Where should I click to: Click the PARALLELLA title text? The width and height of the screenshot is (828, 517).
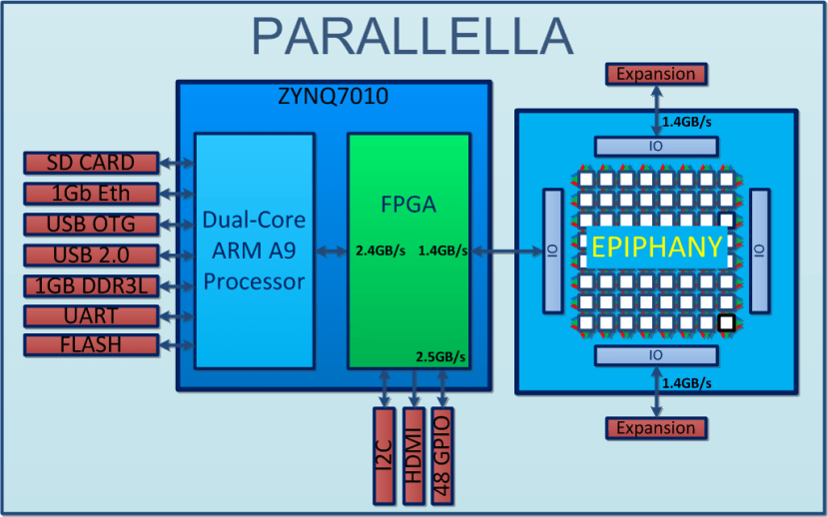pos(413,35)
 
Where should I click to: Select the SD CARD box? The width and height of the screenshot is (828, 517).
pos(92,163)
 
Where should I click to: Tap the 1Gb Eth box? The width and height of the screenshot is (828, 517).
pos(92,193)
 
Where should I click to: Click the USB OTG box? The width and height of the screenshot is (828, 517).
pos(92,224)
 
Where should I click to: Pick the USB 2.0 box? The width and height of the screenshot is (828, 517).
pos(92,255)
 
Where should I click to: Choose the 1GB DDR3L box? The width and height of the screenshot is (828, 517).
pos(92,285)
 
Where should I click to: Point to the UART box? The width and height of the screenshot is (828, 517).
pos(92,315)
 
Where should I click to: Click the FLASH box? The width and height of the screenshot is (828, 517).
pos(92,346)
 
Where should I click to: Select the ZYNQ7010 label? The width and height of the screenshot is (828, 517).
pos(333,98)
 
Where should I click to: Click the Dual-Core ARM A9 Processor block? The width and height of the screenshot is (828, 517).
pos(254,250)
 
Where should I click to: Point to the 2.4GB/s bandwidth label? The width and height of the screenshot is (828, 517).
pos(381,251)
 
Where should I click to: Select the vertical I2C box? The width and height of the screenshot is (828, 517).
pos(384,454)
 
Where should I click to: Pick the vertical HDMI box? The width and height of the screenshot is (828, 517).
pos(414,454)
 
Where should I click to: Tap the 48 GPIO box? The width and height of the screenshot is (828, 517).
pos(443,454)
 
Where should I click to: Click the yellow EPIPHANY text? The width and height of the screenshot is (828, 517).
pos(655,248)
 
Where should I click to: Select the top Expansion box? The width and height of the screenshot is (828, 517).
pos(656,74)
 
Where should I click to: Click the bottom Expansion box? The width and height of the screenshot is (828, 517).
pos(656,428)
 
